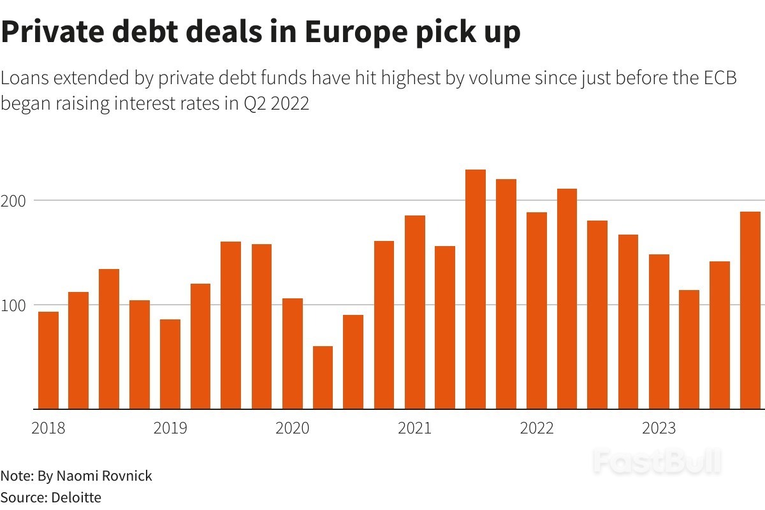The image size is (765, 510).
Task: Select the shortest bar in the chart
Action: (323, 377)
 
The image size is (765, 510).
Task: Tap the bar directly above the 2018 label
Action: (48, 360)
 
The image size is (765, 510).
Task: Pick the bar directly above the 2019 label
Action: (170, 364)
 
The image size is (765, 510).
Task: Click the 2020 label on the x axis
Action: (292, 428)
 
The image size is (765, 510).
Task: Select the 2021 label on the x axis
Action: (414, 428)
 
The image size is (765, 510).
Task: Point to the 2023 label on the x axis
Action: (659, 428)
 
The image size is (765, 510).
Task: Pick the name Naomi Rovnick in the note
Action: (105, 476)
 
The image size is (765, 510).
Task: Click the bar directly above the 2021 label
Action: (414, 312)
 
